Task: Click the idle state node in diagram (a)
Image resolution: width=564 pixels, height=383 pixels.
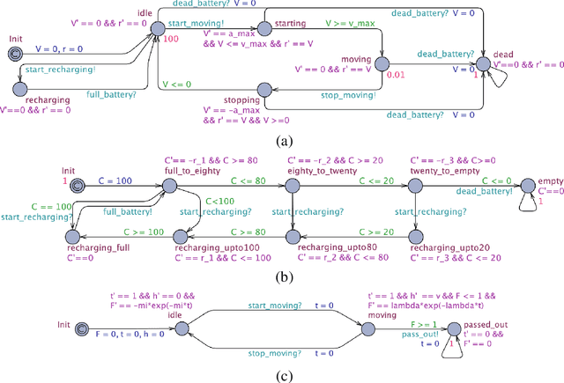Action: (157, 31)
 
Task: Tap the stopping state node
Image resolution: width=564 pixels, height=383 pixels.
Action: (263, 89)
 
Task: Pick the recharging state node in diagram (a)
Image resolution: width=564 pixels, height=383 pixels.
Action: (20, 85)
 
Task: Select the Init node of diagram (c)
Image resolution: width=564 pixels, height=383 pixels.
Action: (82, 328)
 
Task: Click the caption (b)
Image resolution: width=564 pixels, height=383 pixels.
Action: (282, 276)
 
